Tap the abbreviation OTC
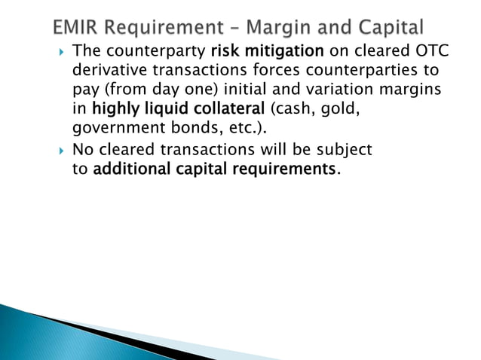tap(432, 53)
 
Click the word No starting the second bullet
tap(82, 151)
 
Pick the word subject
tap(345, 151)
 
